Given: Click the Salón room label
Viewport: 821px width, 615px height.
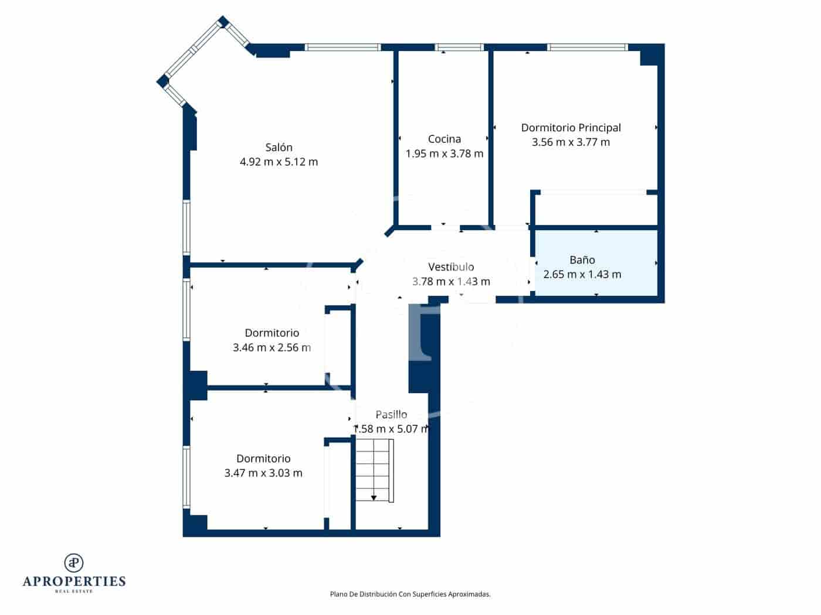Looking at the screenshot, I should [279, 148].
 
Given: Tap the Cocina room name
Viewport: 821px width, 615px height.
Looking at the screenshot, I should [444, 139].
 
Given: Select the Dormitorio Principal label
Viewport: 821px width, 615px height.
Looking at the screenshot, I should [571, 128].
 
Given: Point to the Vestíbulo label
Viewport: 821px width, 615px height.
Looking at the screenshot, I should [451, 267].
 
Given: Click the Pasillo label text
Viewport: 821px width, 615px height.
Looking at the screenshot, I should [391, 415].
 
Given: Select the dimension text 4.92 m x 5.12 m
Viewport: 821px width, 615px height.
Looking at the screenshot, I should [279, 162].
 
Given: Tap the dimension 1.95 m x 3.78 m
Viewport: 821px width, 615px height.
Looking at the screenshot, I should [444, 154].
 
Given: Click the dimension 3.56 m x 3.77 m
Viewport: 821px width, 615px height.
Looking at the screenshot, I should [571, 142].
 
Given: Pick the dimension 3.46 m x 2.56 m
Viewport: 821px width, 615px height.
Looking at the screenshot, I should [272, 348].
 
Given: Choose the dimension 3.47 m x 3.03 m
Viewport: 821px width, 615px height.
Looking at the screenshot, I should [263, 473].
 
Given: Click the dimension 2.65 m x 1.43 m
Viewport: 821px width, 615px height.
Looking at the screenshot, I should [582, 275].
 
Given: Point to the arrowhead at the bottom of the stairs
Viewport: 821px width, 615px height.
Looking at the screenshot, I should [374, 498].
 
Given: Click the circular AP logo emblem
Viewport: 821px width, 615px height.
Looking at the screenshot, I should [74, 562].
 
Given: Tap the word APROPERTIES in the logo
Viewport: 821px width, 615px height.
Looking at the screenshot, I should [74, 582].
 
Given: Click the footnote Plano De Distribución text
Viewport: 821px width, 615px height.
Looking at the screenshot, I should [410, 594].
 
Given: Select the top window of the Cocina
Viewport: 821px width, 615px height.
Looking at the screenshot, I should [459, 47].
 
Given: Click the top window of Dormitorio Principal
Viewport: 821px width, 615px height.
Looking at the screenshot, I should [587, 47].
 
